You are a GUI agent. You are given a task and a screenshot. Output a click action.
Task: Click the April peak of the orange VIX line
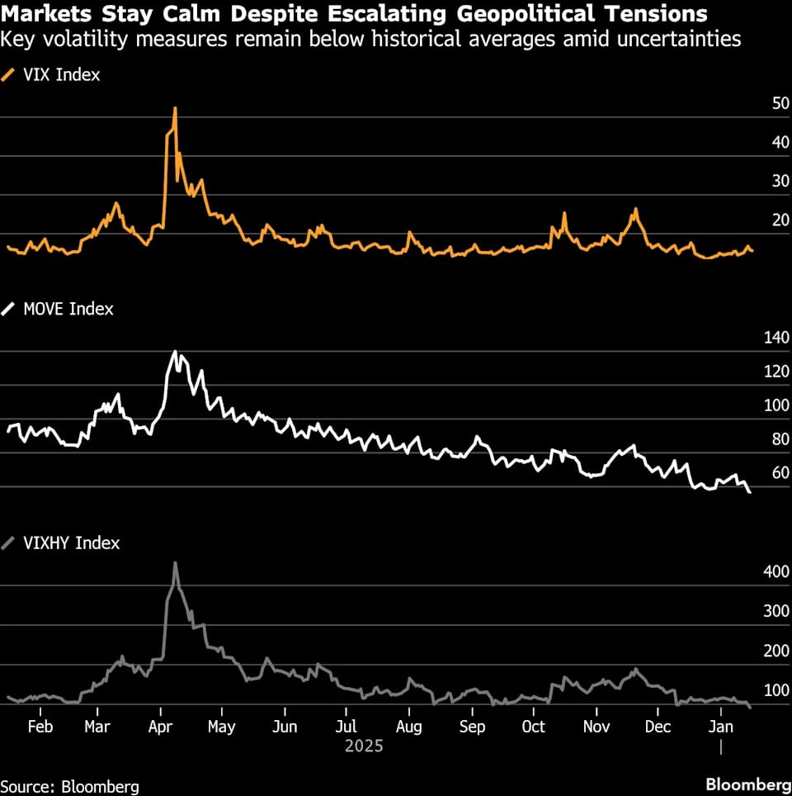pyautogui.click(x=175, y=108)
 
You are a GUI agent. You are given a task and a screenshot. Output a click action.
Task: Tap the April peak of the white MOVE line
pyautogui.click(x=175, y=352)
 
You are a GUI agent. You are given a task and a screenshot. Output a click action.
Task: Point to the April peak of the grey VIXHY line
pyautogui.click(x=175, y=563)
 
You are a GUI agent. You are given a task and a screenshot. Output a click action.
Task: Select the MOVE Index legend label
pyautogui.click(x=68, y=309)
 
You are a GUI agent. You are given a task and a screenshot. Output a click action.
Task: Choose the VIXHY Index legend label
pyautogui.click(x=72, y=543)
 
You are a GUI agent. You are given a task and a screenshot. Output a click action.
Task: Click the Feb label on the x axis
pyautogui.click(x=40, y=727)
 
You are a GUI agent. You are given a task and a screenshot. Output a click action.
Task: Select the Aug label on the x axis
pyautogui.click(x=408, y=727)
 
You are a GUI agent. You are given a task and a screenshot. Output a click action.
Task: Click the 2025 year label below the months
pyautogui.click(x=364, y=746)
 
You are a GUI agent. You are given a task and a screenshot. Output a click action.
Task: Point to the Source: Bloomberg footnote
pyautogui.click(x=69, y=786)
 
